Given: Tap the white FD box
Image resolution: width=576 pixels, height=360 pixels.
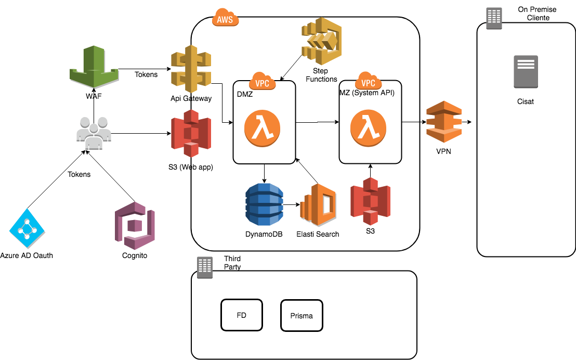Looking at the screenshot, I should click(241, 315).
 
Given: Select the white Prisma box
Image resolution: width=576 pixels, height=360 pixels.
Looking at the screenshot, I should click(302, 315).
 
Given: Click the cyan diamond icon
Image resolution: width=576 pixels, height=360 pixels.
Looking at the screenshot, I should click(27, 228).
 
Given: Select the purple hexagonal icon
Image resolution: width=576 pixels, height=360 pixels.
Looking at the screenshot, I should click(135, 225).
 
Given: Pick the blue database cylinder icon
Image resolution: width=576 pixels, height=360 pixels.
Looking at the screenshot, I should click(264, 204).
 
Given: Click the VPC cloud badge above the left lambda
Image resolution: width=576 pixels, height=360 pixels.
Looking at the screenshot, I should click(262, 81).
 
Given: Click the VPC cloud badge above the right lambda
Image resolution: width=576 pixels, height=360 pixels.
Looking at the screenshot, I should click(368, 81).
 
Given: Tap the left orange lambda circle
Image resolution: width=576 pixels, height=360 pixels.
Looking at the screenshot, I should click(262, 128).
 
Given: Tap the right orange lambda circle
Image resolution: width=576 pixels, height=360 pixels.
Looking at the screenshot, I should click(368, 128).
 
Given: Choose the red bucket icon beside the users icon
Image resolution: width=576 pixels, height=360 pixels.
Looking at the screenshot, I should click(191, 133).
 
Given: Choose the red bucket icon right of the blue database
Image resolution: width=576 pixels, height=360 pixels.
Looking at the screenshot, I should click(370, 201).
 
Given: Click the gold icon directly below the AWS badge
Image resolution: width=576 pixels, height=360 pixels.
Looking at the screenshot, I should click(191, 69).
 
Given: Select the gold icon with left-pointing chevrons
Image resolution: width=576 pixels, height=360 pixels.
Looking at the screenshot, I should click(322, 41).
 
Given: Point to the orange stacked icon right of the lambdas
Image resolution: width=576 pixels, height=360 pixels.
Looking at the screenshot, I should click(443, 121).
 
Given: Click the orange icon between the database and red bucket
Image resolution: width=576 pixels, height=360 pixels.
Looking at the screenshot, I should click(318, 204).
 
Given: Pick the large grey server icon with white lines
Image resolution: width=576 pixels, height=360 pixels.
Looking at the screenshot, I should click(526, 71).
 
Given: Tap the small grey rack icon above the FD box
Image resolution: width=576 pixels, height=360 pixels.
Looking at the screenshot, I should click(205, 267).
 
